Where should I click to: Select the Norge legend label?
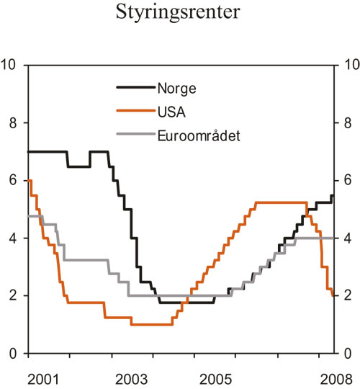tap(176, 89)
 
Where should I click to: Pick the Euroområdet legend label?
tap(199, 134)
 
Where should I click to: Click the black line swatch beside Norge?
tap(135, 89)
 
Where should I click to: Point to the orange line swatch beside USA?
tap(135, 112)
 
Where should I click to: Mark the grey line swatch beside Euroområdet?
tap(135, 134)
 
